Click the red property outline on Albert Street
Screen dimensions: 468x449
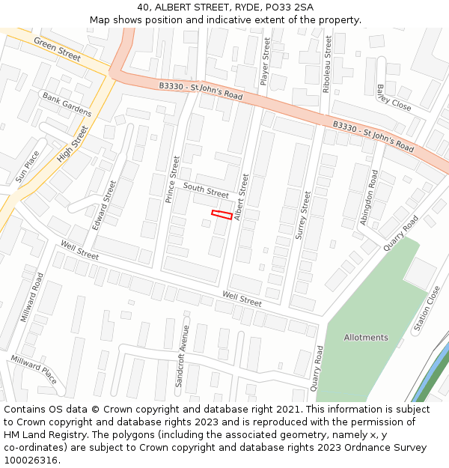222,215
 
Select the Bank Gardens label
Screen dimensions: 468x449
67,105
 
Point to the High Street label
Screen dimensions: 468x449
72,145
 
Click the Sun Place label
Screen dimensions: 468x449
28,167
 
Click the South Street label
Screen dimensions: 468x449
206,191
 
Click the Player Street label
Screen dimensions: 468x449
265,61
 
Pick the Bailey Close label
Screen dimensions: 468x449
394,97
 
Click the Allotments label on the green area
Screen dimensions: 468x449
366,338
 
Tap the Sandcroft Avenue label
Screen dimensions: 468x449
182,356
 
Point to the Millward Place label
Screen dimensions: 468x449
34,370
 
